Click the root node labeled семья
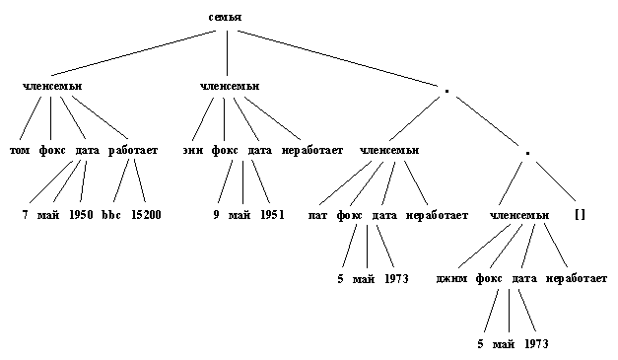tap(226, 19)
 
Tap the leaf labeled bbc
tap(109, 214)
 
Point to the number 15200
tap(146, 214)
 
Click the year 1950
tap(81, 214)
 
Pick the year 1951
tap(271, 214)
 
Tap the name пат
tap(317, 214)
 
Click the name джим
tap(451, 279)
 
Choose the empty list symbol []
tap(579, 214)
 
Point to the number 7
tap(26, 214)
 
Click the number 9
tap(216, 214)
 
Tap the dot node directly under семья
tap(447, 90)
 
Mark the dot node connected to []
tap(527, 154)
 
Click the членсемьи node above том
tap(51, 86)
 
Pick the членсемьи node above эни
tap(229, 86)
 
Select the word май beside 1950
tap(50, 214)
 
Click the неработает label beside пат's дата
tap(437, 214)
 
